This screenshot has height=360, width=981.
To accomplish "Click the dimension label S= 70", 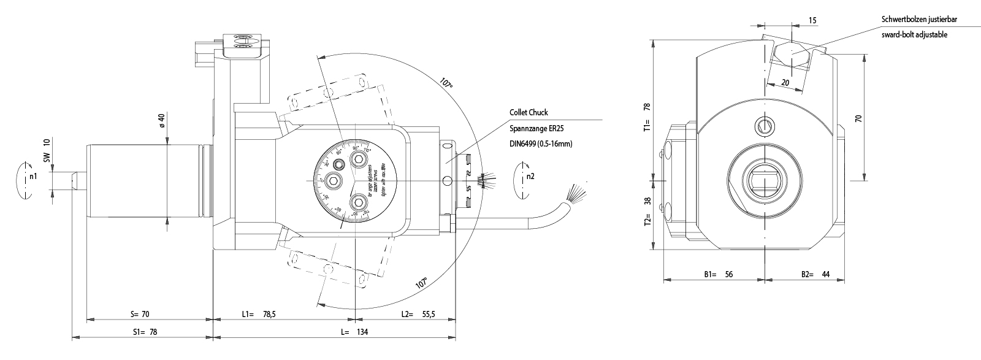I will pos(140,315).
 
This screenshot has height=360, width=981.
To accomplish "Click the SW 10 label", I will pos(47,150).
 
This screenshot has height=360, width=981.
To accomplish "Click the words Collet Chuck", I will pos(529,112).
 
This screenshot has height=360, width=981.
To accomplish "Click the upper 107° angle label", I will pos(446,83).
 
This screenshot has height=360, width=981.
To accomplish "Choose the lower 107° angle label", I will pos(421,282).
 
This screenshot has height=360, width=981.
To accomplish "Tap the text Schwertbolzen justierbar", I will pos(919,20).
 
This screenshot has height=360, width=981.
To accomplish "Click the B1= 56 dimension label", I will pos(718,274).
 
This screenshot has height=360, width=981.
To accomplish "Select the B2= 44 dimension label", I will pos(815,274).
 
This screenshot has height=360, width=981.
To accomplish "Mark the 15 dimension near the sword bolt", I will pos(812,20).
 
